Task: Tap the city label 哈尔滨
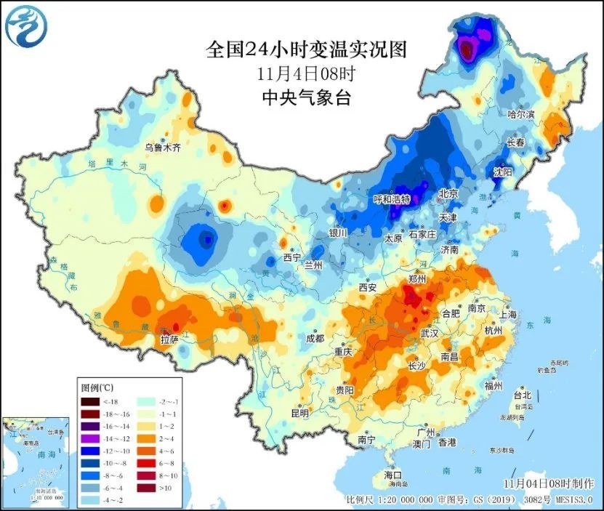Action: click(520, 114)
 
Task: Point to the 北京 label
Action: click(448, 193)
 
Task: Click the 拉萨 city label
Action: click(169, 339)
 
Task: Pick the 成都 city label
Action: click(315, 337)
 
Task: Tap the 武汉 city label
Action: click(429, 334)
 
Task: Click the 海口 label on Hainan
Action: click(393, 475)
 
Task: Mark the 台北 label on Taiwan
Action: click(522, 395)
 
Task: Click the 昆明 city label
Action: click(299, 413)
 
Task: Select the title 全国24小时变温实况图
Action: click(305, 49)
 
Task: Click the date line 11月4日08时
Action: click(305, 73)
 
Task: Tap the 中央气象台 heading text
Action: click(305, 97)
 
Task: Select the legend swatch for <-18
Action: click(90, 401)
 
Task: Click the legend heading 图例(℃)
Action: click(97, 387)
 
